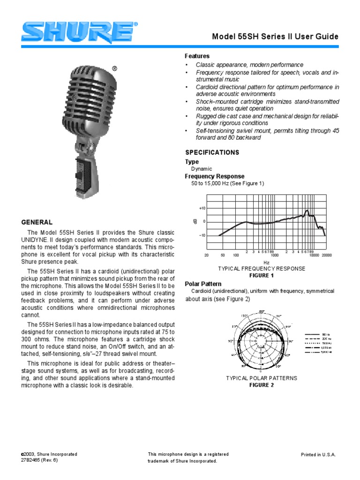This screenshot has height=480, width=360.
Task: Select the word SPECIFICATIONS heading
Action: (x=212, y=152)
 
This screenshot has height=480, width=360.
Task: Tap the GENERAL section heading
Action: (x=37, y=222)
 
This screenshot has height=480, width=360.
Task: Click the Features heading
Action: (x=197, y=56)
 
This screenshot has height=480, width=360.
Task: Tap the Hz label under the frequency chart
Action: (x=266, y=262)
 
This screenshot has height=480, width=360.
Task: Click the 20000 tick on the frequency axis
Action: (x=327, y=255)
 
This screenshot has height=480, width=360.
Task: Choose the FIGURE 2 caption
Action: (x=261, y=385)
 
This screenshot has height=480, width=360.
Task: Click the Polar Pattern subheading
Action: (x=203, y=284)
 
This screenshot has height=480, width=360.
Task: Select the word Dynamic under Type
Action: (x=202, y=169)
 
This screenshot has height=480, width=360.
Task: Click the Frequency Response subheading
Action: (x=214, y=176)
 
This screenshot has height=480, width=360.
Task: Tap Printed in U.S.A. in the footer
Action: (x=318, y=455)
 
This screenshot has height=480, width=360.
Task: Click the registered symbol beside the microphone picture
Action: (x=114, y=68)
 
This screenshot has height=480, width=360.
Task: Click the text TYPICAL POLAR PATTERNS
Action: (x=262, y=378)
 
